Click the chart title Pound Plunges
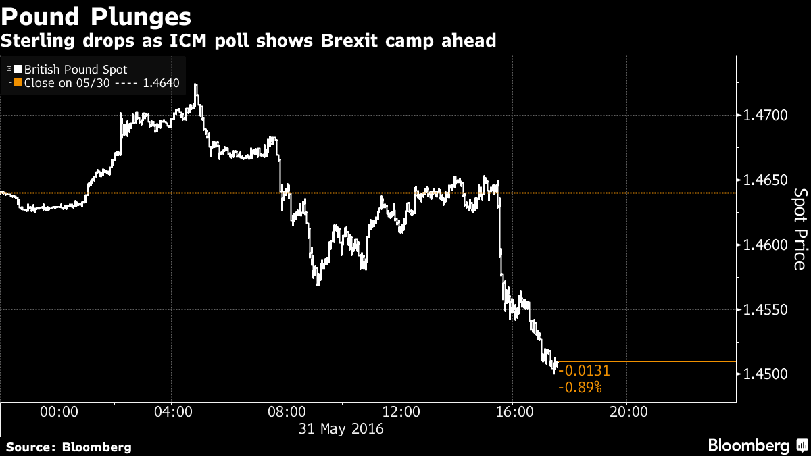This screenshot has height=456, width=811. point(95,16)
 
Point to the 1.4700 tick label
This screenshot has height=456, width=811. point(766,116)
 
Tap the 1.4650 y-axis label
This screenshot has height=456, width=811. point(766,180)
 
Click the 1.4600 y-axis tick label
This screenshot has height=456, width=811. point(766,245)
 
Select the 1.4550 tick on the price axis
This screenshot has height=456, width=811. point(766,310)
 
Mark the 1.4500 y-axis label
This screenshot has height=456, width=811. point(766,374)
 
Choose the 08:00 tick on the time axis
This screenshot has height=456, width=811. point(285,411)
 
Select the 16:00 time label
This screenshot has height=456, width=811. point(512,411)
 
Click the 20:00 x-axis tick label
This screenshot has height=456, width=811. point(626,411)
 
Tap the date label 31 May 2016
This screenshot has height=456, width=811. point(341,428)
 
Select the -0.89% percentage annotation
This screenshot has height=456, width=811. point(580,388)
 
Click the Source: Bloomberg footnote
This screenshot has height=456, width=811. point(68,447)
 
